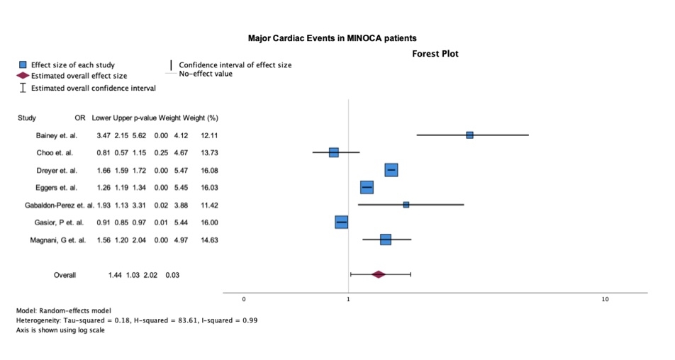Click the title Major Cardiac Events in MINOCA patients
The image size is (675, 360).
tap(337, 37)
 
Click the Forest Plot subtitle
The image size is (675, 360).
tap(435, 53)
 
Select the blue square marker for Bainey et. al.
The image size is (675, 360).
tap(469, 135)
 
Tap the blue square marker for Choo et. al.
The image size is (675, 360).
tap(334, 152)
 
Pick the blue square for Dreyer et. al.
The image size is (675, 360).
tap(391, 170)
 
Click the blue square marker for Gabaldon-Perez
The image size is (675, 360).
tap(406, 205)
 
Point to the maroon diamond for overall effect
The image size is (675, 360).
tap(378, 274)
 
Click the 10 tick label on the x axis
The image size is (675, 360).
tap(605, 300)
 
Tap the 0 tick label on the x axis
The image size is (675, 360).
tap(244, 300)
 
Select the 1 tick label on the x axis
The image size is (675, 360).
tap(349, 300)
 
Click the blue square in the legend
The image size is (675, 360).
tap(23, 65)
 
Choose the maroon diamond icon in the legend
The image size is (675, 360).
tap(22, 75)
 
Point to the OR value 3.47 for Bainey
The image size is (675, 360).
tap(104, 135)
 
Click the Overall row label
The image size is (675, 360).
tap(65, 275)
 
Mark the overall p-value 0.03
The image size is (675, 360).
tap(172, 275)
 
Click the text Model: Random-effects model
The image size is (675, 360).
tap(63, 310)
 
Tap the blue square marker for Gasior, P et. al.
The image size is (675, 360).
tap(341, 223)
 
